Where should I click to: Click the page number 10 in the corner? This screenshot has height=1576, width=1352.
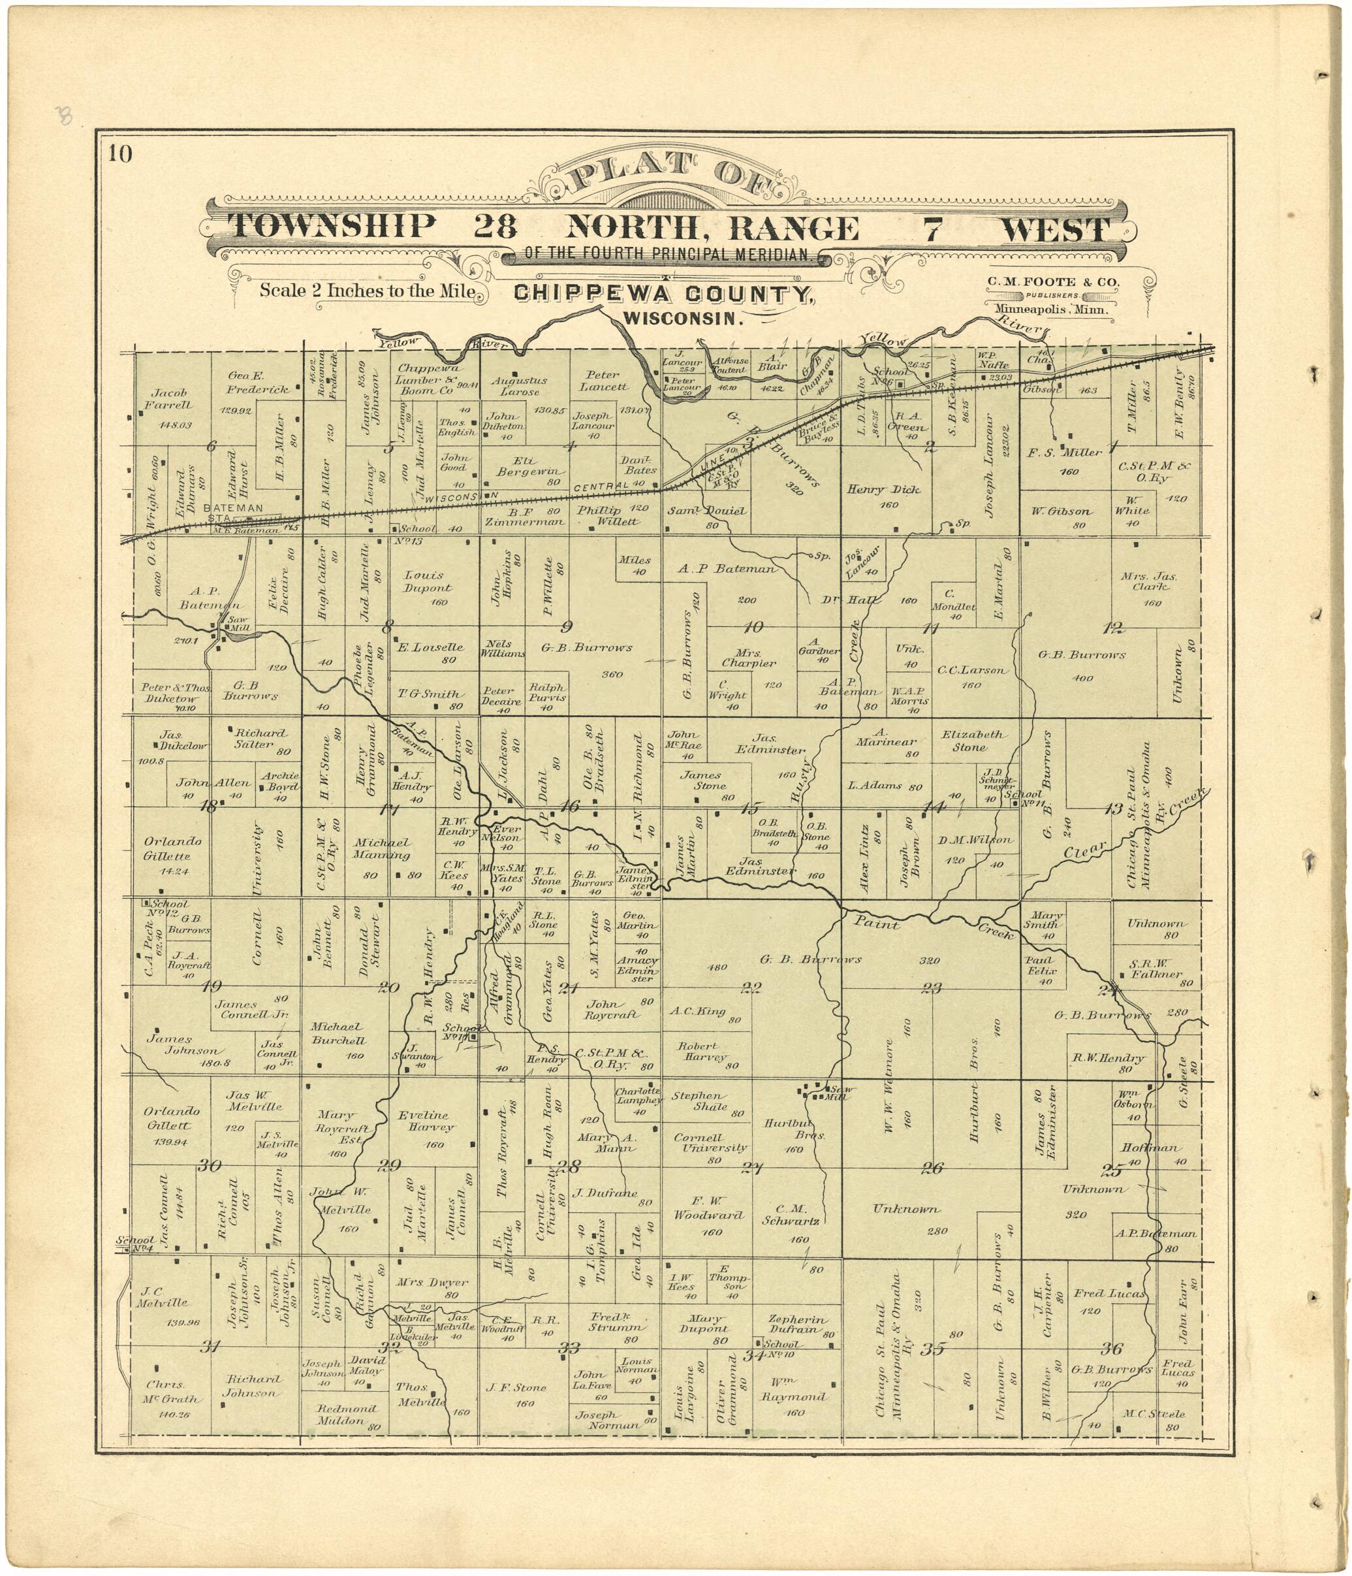[119, 154]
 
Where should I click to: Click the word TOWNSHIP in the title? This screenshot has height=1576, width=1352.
[332, 227]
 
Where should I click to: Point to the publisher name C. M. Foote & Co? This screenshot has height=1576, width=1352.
[1053, 282]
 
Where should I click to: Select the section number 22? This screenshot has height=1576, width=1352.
[752, 988]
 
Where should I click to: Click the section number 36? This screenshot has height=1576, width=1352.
[1112, 1349]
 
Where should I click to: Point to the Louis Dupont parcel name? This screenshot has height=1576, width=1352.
[428, 581]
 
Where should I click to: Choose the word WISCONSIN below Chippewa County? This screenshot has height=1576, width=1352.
[682, 319]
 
